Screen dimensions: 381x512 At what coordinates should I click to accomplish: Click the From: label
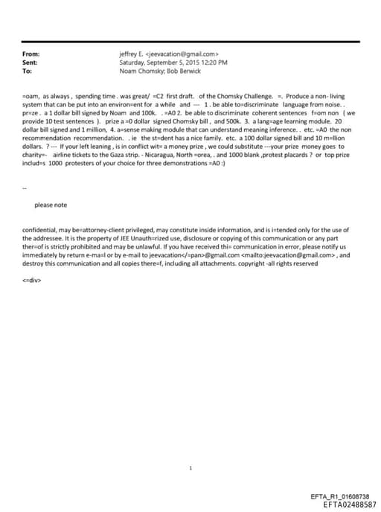tap(32, 54)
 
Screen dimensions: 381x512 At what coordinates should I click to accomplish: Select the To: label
tap(28, 71)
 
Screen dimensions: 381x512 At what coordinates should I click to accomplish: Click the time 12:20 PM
tap(212, 63)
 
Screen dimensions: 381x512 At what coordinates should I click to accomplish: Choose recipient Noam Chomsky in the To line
tap(143, 71)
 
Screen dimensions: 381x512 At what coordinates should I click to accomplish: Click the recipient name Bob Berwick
tap(187, 71)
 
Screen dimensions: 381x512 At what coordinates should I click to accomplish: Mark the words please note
tap(51, 205)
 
